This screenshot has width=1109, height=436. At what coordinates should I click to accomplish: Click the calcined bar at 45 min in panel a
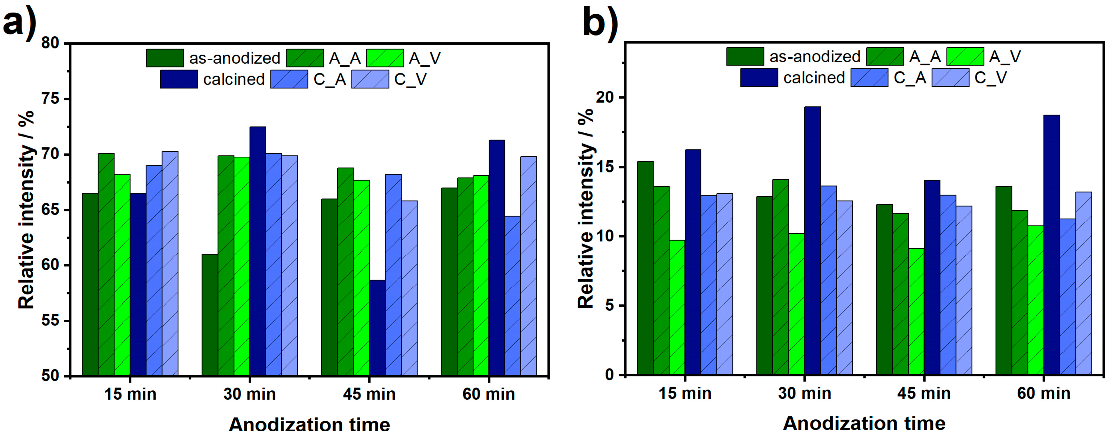(x=377, y=328)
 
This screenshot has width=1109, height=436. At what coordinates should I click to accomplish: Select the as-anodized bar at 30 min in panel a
(x=210, y=314)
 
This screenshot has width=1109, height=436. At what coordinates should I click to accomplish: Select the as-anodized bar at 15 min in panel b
(x=645, y=267)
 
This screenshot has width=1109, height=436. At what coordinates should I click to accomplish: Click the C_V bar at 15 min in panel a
(x=170, y=263)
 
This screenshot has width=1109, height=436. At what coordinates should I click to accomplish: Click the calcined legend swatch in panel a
(x=179, y=79)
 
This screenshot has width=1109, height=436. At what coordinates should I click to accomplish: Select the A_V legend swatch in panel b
(x=965, y=57)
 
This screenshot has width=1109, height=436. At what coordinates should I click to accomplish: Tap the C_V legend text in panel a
(x=410, y=79)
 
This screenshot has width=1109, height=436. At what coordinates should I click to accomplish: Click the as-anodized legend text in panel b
(x=815, y=57)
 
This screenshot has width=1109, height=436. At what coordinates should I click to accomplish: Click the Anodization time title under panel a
(x=309, y=425)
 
